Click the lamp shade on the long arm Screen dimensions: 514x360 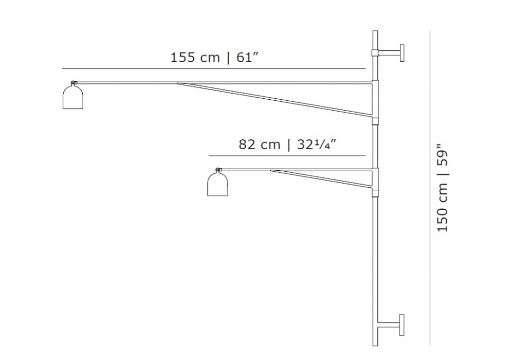pyautogui.click(x=73, y=97)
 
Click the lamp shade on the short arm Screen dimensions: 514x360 pyautogui.click(x=217, y=184)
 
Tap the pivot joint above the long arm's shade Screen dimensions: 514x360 pyautogui.click(x=72, y=83)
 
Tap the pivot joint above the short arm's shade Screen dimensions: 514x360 pyautogui.click(x=217, y=170)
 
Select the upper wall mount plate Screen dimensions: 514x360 pyautogui.click(x=402, y=53)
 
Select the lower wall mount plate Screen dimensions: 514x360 pyautogui.click(x=402, y=325)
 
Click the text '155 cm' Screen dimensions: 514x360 pyautogui.click(x=195, y=58)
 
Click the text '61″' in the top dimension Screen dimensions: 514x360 pyautogui.click(x=248, y=58)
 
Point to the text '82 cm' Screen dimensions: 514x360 pyautogui.click(x=259, y=145)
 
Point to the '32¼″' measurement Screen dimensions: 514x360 pyautogui.click(x=317, y=145)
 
